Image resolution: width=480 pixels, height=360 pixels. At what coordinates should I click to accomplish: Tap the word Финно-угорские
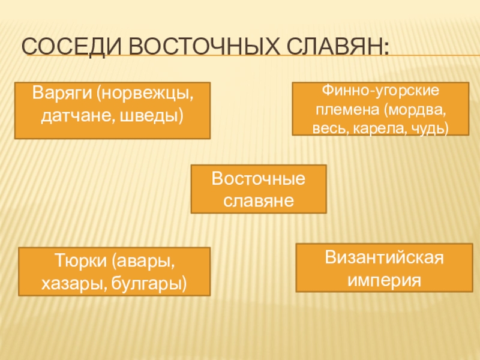[381, 92]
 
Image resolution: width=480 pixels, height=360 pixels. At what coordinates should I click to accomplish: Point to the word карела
[382, 128]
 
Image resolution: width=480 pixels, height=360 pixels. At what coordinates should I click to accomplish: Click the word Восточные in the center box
[259, 179]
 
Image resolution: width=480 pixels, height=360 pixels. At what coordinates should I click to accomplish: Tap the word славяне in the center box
[259, 199]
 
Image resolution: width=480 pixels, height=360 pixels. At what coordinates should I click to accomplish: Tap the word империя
[384, 279]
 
